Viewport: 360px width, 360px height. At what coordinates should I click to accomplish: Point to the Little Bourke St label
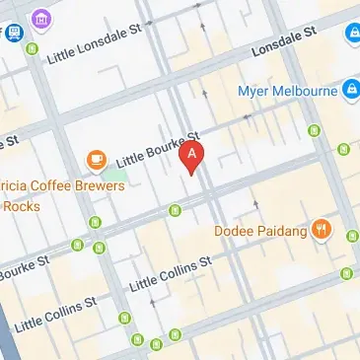[159, 144]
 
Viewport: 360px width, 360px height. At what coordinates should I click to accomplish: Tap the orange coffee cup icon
[96, 157]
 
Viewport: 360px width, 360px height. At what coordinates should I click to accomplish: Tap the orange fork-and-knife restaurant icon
[322, 231]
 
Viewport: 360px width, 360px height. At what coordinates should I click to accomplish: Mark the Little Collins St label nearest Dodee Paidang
[172, 273]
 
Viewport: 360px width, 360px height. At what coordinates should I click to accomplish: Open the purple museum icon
[40, 18]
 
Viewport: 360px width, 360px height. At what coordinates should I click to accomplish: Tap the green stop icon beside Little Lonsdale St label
[33, 48]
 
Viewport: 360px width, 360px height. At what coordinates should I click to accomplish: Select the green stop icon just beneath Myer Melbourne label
[315, 130]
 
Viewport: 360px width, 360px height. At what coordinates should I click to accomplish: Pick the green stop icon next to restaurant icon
[350, 234]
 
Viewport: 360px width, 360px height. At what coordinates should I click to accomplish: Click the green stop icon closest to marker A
[175, 209]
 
